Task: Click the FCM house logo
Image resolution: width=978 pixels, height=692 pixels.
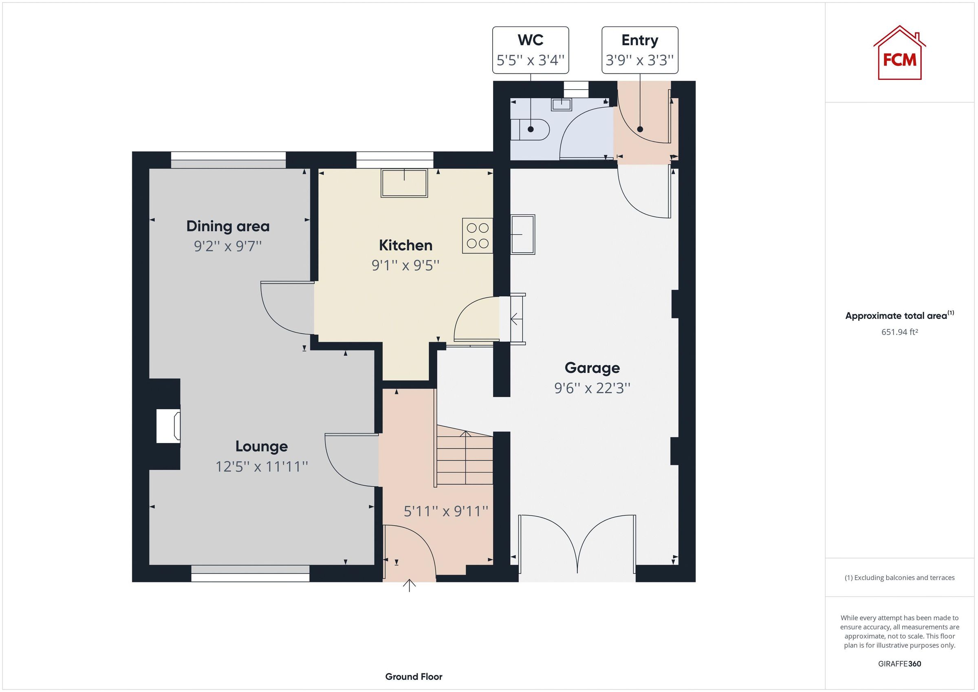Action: click(899, 54)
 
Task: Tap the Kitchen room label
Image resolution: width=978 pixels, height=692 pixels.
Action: click(405, 245)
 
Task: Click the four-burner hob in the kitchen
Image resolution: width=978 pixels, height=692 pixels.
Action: click(477, 236)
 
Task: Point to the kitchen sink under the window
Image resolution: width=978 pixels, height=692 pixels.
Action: click(404, 183)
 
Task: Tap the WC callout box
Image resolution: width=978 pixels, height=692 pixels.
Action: click(530, 50)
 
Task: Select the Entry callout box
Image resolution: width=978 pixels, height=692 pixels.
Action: click(639, 50)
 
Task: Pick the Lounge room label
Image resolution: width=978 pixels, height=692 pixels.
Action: click(262, 446)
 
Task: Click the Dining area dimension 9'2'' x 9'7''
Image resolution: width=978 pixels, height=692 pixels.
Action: click(227, 246)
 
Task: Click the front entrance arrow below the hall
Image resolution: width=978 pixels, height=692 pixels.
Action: click(410, 586)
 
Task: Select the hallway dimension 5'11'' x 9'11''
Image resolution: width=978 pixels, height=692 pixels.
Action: click(445, 511)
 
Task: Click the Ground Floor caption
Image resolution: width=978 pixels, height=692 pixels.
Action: click(414, 676)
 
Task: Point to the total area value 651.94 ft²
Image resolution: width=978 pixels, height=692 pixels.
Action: click(899, 332)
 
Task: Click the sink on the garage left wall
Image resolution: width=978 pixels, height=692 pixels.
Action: click(523, 234)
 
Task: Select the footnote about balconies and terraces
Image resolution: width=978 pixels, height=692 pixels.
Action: click(899, 578)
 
